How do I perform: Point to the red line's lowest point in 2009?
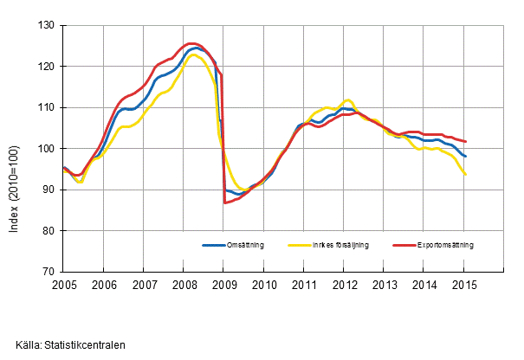tap(224, 202)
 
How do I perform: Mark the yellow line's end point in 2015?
tap(467, 175)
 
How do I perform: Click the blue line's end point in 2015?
tap(467, 157)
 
